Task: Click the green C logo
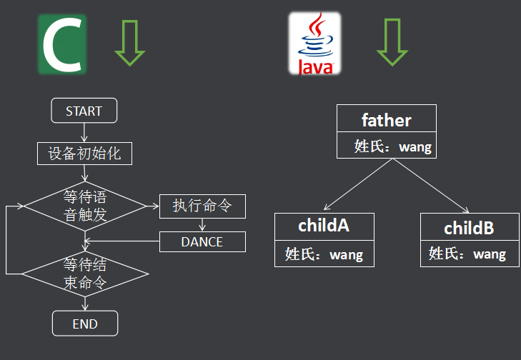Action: tap(63, 44)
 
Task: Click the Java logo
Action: tap(314, 44)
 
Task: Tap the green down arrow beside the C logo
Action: tap(130, 44)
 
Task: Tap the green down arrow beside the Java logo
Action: tap(392, 44)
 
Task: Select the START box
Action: tap(84, 111)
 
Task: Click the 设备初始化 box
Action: tap(84, 153)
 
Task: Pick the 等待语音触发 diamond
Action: tap(84, 206)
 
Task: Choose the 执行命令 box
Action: tap(202, 206)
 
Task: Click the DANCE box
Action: tap(202, 241)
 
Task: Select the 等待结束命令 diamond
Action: tap(84, 273)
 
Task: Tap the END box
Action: tap(85, 324)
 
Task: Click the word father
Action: tap(387, 119)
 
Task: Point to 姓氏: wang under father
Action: tap(393, 146)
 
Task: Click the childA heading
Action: tap(324, 226)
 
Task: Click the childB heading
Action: tap(469, 228)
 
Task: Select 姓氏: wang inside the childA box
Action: tap(324, 254)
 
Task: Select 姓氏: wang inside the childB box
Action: tap(467, 254)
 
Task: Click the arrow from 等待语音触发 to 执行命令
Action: tap(153, 206)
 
